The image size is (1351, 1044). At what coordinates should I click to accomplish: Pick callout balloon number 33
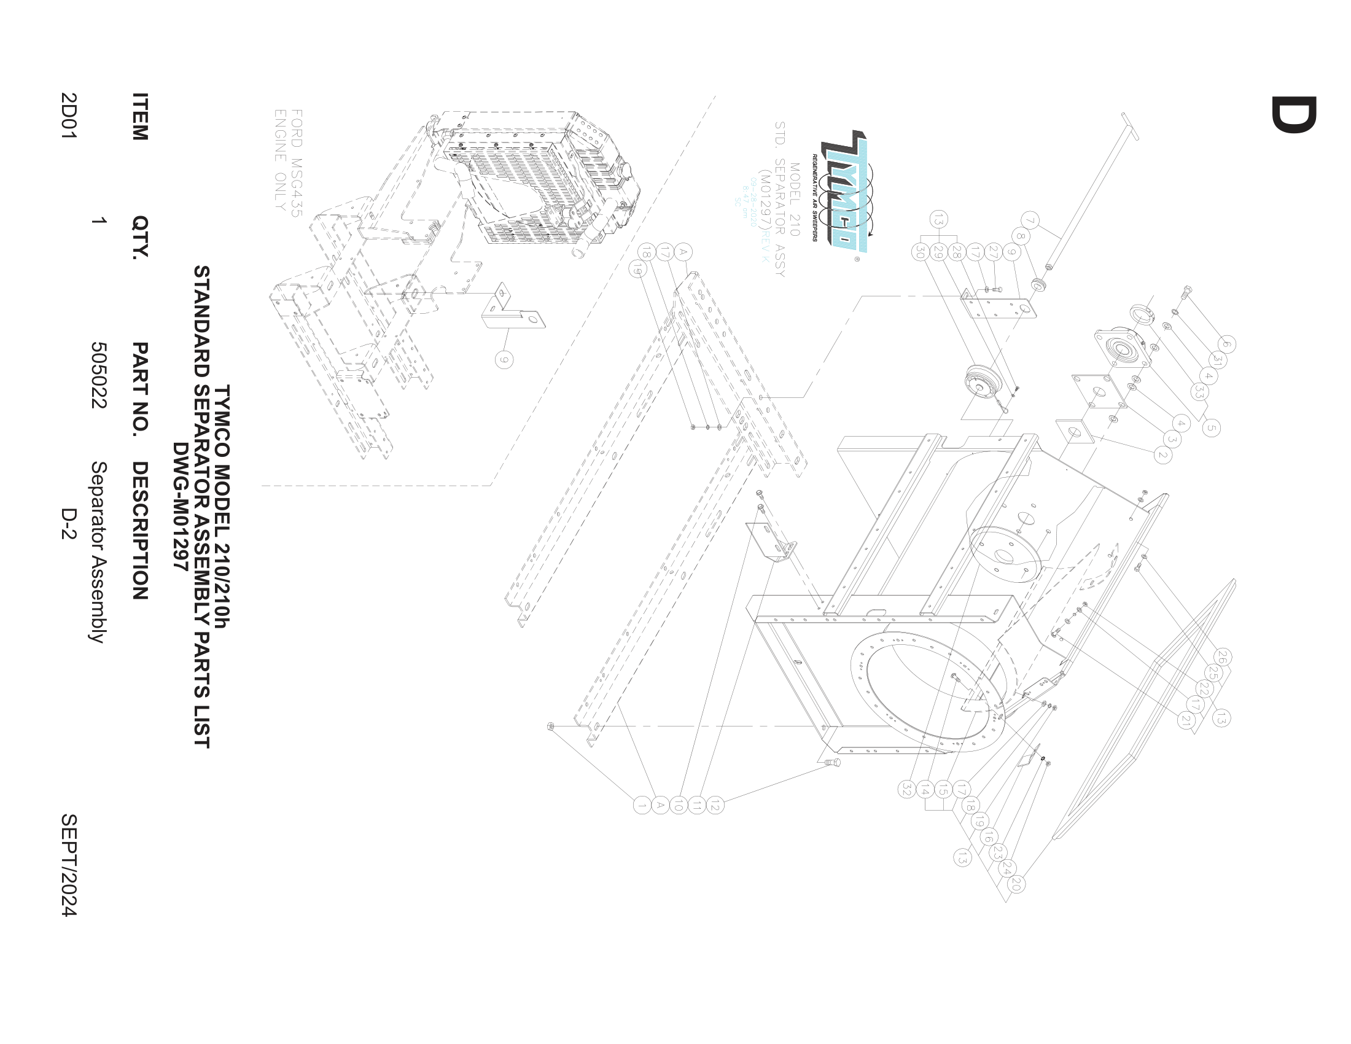pos(1199,392)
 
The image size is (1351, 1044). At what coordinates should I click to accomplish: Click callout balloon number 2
pos(1162,456)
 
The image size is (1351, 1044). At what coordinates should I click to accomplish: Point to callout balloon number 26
pos(1222,657)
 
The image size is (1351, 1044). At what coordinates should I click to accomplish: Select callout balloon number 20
pos(1015,884)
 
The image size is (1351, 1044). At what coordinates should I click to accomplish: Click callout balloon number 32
pos(907,789)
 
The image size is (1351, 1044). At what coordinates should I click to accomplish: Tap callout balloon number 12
pos(714,806)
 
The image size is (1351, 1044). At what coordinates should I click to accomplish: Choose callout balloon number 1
pos(642,805)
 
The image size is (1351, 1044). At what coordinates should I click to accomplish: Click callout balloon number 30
pos(920,252)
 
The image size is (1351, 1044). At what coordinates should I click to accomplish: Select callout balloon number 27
pos(994,252)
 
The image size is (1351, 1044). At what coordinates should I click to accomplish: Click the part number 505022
pos(99,375)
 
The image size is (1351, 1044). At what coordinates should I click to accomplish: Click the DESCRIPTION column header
pos(141,531)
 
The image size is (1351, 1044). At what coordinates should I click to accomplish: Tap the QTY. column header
pos(141,237)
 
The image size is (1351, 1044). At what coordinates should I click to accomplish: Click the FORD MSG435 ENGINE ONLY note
pos(288,161)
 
